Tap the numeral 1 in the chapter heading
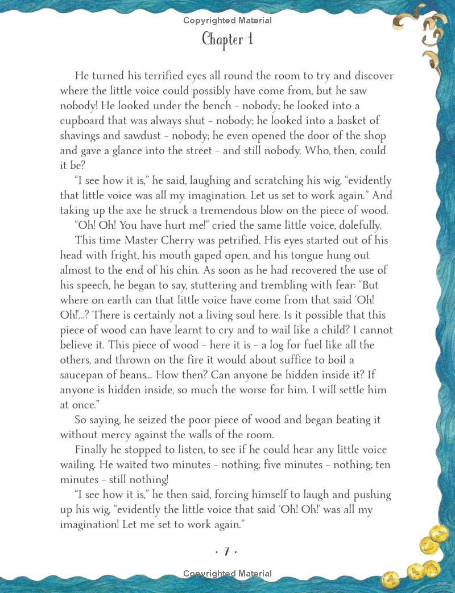coord(249,39)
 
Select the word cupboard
coord(84,121)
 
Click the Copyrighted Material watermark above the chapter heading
coord(227,21)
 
